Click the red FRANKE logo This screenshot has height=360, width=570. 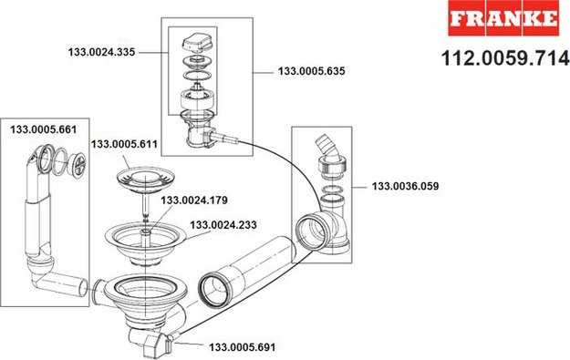pyautogui.click(x=503, y=18)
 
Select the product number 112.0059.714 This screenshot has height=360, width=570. pyautogui.click(x=505, y=57)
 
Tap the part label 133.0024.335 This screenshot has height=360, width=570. pyautogui.click(x=101, y=52)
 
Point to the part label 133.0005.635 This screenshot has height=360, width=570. pyautogui.click(x=312, y=71)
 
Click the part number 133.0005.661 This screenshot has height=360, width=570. pyautogui.click(x=43, y=129)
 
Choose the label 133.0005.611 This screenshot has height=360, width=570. pyautogui.click(x=124, y=144)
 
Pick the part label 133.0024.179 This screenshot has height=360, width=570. pyautogui.click(x=194, y=201)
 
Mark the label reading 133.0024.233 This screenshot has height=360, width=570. pyautogui.click(x=223, y=225)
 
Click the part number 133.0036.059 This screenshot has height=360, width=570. pyautogui.click(x=405, y=186)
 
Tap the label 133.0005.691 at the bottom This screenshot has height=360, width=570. pyautogui.click(x=242, y=347)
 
